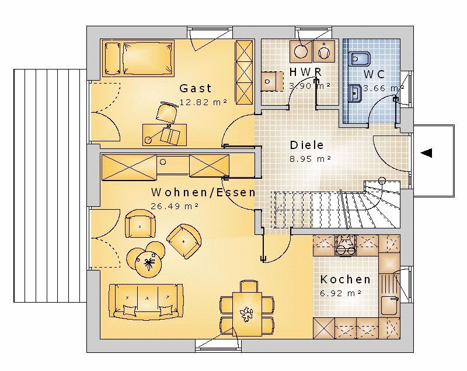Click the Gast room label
196,88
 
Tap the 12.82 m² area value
203,102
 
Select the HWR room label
306,72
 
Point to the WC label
374,74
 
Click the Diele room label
307,145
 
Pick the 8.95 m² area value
311,159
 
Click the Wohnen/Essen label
203,192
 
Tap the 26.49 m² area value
175,206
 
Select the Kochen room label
346,279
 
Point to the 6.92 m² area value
341,293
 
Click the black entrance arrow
426,153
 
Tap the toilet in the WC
359,58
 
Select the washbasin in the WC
355,93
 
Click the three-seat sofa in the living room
146,301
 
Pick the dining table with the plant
247,314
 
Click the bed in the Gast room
138,58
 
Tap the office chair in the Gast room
166,112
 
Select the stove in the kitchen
346,246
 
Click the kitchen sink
390,306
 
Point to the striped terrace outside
50,186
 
